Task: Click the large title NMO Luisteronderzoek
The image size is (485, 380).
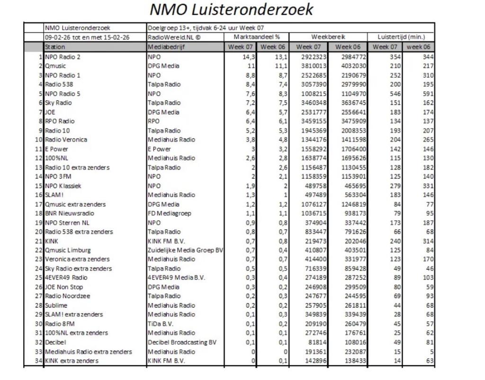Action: (x=232, y=9)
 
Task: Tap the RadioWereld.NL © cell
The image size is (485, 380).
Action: (x=171, y=37)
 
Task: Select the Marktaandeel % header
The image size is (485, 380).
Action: (x=257, y=37)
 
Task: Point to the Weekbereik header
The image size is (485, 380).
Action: (x=328, y=37)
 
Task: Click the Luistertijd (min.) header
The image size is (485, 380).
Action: (x=402, y=37)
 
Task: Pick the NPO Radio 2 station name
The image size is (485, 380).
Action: (x=63, y=57)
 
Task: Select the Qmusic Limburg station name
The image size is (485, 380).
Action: (x=68, y=250)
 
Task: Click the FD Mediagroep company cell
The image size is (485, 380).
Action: (x=170, y=213)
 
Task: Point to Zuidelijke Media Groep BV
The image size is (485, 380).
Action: (x=185, y=250)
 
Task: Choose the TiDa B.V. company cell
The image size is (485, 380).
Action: (x=161, y=324)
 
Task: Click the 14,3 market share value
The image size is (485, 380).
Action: (x=249, y=57)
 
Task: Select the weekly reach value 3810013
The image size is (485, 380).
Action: (x=311, y=66)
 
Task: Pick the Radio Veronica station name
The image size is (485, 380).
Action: (x=66, y=140)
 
